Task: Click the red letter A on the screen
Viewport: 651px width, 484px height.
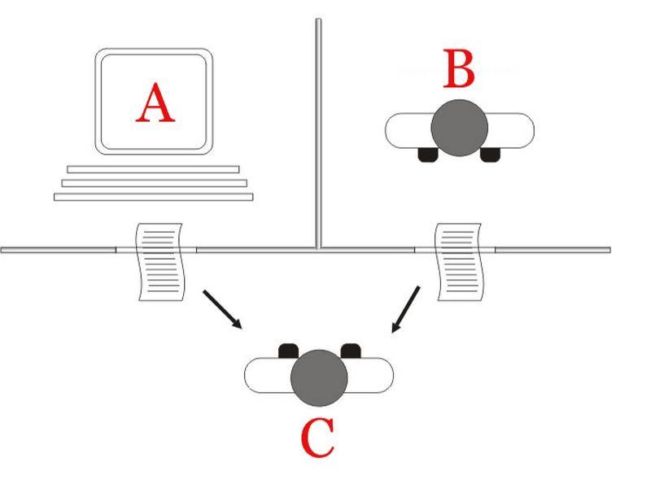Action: point(155,102)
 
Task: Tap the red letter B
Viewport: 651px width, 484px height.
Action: point(459,68)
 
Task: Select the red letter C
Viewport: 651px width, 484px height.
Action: point(317,437)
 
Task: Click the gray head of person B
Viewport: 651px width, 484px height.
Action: point(459,128)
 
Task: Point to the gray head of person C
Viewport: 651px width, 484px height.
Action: point(319,377)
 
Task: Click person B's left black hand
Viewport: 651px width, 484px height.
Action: point(428,155)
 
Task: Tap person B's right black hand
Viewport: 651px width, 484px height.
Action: point(491,155)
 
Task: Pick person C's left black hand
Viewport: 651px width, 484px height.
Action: point(289,351)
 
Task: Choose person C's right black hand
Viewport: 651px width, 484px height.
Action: point(351,351)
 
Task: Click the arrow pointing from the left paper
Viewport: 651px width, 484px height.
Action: point(222,310)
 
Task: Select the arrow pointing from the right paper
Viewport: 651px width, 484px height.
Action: point(405,309)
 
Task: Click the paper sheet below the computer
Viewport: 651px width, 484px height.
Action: point(159,261)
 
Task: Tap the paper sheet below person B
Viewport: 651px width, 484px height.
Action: point(459,261)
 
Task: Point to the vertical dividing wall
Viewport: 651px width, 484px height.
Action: point(318,133)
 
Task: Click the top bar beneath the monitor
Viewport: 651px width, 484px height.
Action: point(153,169)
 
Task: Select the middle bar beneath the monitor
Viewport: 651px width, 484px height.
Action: point(154,183)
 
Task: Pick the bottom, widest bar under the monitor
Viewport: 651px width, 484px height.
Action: point(154,197)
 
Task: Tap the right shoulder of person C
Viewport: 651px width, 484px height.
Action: point(370,375)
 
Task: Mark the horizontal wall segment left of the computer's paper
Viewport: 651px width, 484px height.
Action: point(58,250)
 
